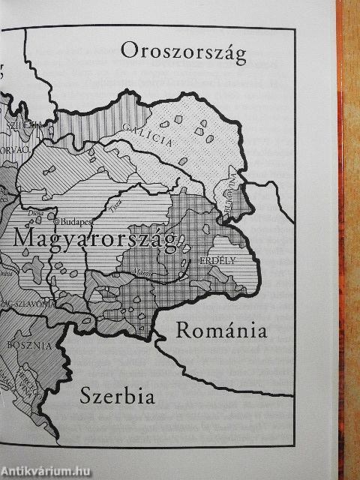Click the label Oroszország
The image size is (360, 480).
184,52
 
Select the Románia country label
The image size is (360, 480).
220,330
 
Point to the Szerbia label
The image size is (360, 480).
118,395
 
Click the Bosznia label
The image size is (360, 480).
29,345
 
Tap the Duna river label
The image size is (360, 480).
34,214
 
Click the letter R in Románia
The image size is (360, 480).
183,330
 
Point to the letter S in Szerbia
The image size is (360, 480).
86,395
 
